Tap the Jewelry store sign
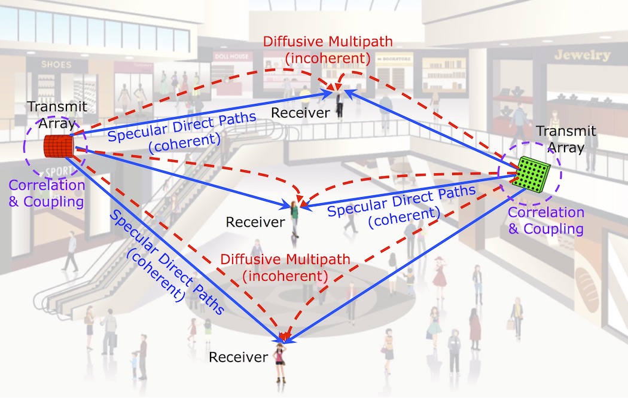(x=582, y=56)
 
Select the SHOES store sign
(x=56, y=64)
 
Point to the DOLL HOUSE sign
(x=230, y=56)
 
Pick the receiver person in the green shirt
(x=295, y=219)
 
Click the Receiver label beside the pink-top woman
(x=238, y=357)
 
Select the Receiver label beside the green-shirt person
(x=255, y=222)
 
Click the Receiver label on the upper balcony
(x=301, y=112)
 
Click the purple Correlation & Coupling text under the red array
(x=47, y=193)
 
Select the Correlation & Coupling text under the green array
(x=545, y=221)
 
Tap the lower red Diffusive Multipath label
(x=276, y=268)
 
